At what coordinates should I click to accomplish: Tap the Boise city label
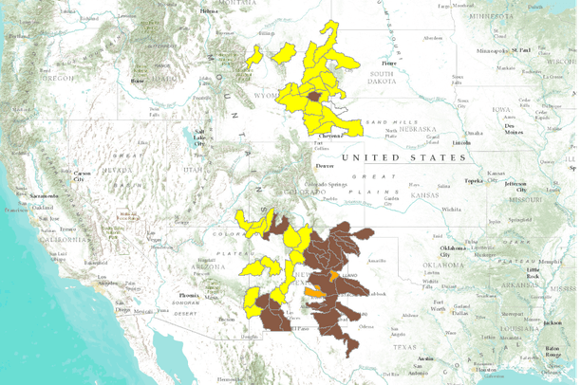click(x=138, y=81)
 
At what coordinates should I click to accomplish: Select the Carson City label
click(x=83, y=174)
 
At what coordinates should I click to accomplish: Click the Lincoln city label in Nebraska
click(x=462, y=143)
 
